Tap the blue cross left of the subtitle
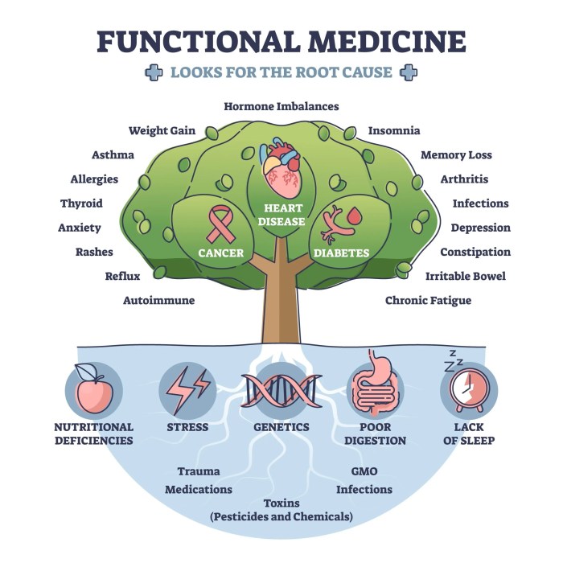(x=153, y=73)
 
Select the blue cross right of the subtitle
(x=409, y=73)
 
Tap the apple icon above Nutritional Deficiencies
(x=93, y=389)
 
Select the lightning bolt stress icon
(x=187, y=389)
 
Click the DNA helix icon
(x=281, y=389)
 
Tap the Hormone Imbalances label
(x=281, y=106)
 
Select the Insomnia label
(x=393, y=130)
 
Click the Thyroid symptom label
(x=81, y=203)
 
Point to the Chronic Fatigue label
(x=428, y=301)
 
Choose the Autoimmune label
(x=158, y=301)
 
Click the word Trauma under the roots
(x=199, y=471)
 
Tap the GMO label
(x=364, y=471)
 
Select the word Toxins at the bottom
(x=281, y=503)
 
